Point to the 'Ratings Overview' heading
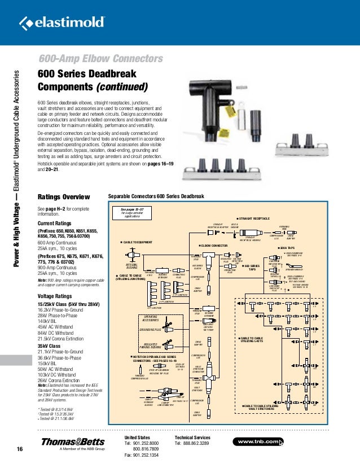click(63, 197)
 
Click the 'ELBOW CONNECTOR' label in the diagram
click(213, 246)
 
